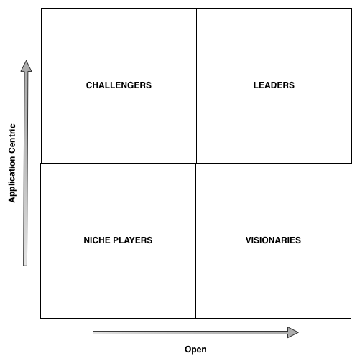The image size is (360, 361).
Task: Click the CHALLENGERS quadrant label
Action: click(119, 85)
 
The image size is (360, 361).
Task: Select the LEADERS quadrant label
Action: click(274, 85)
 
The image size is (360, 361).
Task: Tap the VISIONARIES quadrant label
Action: click(273, 240)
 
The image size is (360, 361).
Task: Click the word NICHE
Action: click(96, 240)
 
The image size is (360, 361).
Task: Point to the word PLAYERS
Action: click(131, 240)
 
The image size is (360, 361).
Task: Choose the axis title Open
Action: click(195, 350)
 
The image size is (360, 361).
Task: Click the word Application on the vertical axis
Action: click(11, 179)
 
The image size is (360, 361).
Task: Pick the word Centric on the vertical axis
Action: click(11, 139)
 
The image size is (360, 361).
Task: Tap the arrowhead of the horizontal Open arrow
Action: click(293, 332)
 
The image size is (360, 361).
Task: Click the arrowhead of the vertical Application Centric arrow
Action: click(26, 66)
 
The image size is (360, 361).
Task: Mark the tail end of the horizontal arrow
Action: click(93, 332)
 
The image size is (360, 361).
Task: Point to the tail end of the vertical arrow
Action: click(25, 266)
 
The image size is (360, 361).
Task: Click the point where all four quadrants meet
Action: click(196, 163)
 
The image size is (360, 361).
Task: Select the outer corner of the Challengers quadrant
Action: click(41, 9)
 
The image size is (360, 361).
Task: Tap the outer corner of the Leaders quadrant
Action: click(351, 9)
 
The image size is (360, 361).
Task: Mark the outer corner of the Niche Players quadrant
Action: click(41, 318)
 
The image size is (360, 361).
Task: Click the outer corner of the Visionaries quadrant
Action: click(351, 318)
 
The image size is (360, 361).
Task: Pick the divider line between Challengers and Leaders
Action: click(196, 85)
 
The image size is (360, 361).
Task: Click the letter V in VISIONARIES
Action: click(249, 240)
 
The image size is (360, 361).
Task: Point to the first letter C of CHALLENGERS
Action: click(89, 85)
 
